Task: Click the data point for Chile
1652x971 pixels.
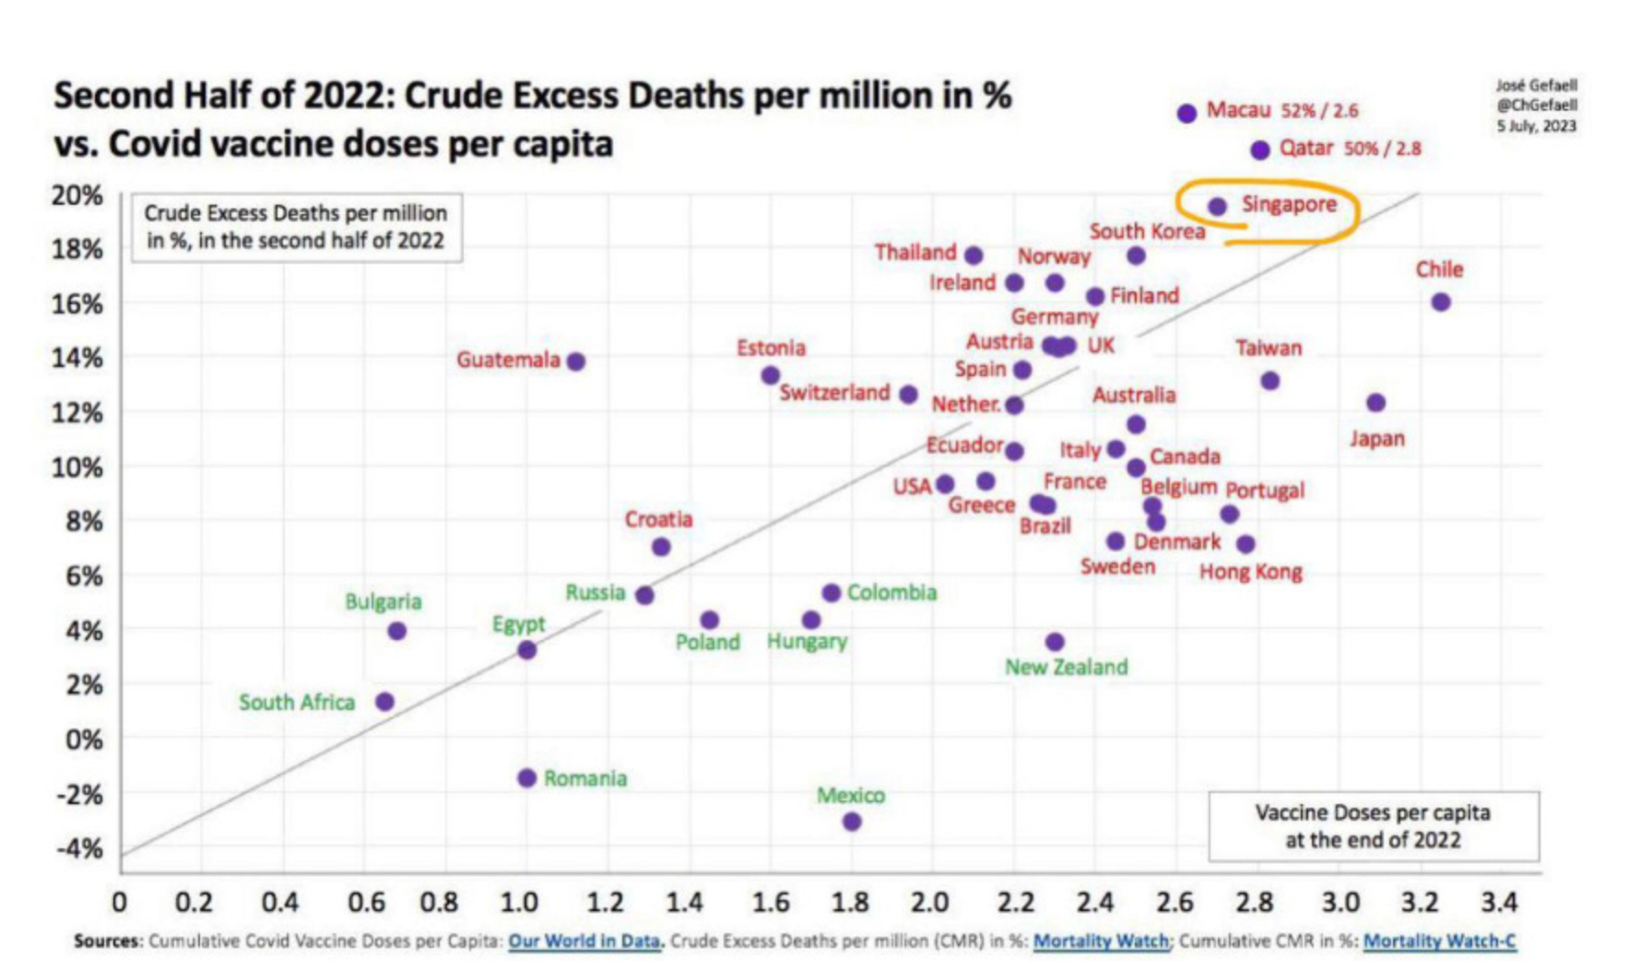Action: click(x=1441, y=302)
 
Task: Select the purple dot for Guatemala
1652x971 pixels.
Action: click(x=575, y=361)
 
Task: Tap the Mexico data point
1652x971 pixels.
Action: click(x=852, y=821)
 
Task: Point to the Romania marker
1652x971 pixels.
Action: click(x=526, y=778)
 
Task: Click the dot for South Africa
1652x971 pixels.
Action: click(x=385, y=702)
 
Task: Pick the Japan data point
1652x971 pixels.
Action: click(x=1375, y=403)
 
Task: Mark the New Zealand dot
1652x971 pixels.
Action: click(x=1055, y=642)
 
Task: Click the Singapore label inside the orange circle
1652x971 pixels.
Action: click(x=1288, y=205)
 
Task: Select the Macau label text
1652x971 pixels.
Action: click(x=1238, y=111)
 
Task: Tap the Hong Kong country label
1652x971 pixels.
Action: click(x=1250, y=573)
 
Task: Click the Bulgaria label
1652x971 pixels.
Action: click(x=383, y=602)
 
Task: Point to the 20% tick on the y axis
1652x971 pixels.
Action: click(x=77, y=195)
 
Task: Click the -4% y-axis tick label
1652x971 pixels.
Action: click(x=79, y=848)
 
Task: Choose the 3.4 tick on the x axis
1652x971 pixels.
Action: click(x=1498, y=902)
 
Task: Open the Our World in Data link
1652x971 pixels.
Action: click(x=584, y=941)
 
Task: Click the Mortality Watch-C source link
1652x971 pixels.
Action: click(x=1438, y=941)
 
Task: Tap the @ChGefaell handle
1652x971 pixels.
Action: click(x=1536, y=105)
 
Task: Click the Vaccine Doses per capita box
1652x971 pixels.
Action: click(x=1373, y=826)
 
